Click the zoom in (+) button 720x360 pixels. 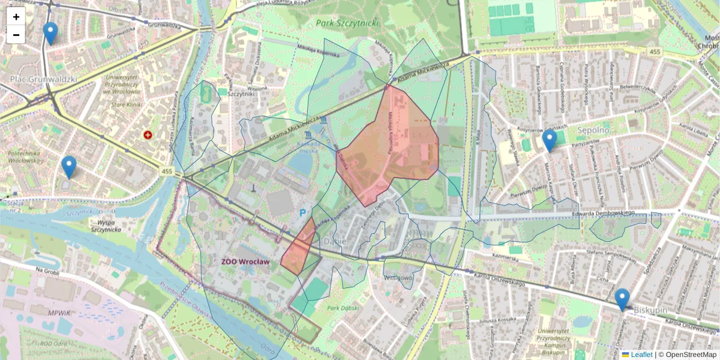[16, 17]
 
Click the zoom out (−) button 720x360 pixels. [16, 35]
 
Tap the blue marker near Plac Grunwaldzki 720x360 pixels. [50, 34]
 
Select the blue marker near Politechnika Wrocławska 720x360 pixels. [69, 167]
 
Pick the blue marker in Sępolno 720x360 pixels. [549, 140]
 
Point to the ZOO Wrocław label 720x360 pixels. [245, 262]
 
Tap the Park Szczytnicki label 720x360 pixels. [347, 23]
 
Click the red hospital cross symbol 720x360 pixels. [147, 136]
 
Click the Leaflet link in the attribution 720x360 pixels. [641, 355]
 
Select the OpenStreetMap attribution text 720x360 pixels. [688, 355]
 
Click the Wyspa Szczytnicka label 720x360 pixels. [106, 225]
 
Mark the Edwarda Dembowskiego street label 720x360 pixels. [603, 212]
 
